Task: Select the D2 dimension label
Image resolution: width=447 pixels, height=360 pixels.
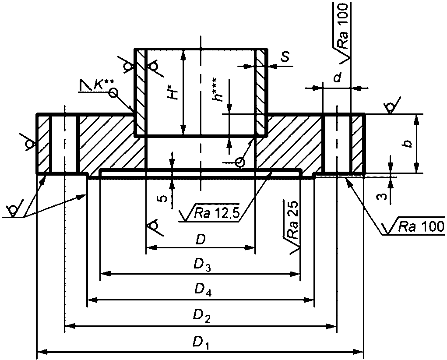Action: (201, 316)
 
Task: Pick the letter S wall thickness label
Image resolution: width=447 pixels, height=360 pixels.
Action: (284, 57)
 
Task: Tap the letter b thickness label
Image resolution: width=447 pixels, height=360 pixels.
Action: (408, 144)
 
